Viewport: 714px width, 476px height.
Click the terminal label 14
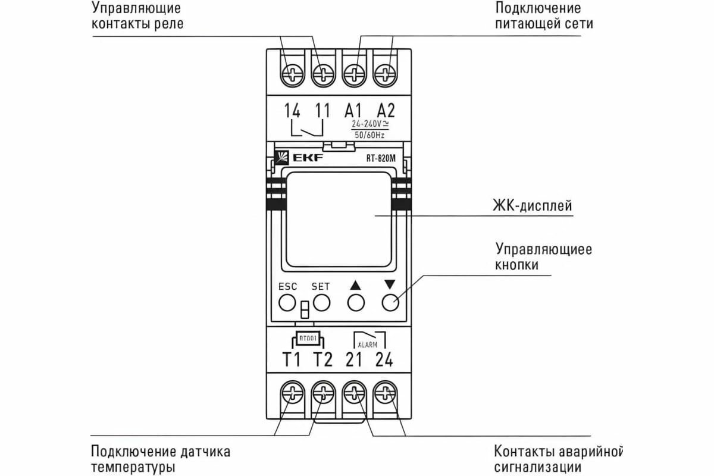click(x=292, y=110)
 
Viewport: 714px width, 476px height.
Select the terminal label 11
click(x=322, y=110)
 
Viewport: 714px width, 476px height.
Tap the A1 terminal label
click(x=354, y=110)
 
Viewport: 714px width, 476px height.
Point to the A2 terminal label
click(x=386, y=110)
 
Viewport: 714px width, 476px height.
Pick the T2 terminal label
click(x=323, y=359)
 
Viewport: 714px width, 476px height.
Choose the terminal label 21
click(x=354, y=359)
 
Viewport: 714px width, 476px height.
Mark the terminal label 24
click(x=385, y=359)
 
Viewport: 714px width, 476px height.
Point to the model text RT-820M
click(x=381, y=159)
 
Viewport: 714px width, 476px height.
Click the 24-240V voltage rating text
click(x=369, y=124)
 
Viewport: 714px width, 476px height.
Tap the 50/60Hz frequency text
click(x=369, y=136)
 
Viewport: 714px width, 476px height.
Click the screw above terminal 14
click(x=292, y=75)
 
